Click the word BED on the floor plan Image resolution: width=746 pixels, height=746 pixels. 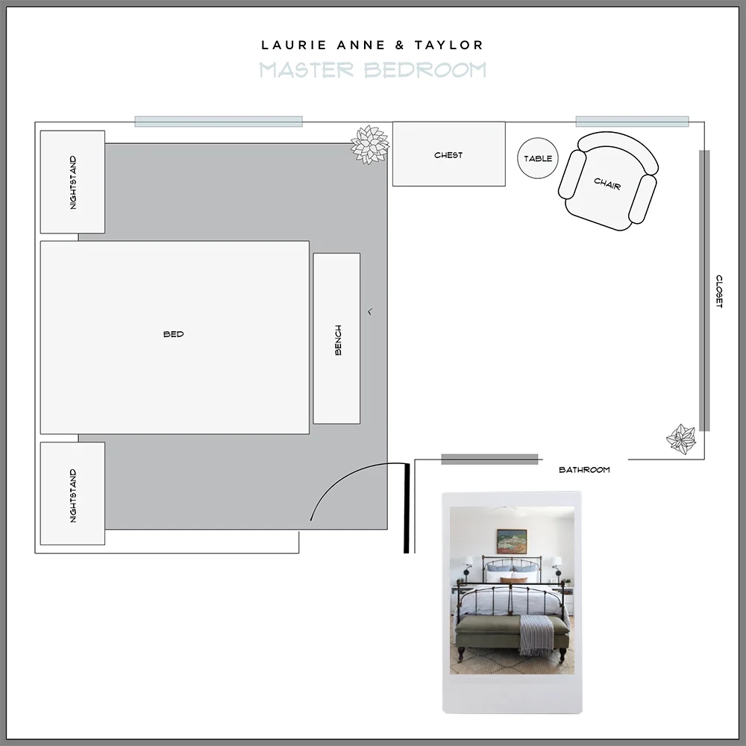(173, 334)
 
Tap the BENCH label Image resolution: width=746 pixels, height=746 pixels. (338, 339)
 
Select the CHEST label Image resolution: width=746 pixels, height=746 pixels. (448, 155)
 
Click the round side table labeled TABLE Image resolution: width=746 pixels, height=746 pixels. (538, 158)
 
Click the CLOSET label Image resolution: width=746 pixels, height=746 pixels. (719, 291)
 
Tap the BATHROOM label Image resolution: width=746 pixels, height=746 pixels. (584, 470)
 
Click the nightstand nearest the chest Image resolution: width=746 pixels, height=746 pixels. (72, 182)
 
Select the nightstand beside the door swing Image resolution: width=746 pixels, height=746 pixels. (72, 494)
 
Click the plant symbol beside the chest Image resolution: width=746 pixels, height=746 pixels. (370, 144)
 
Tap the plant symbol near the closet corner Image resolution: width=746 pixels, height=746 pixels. (681, 439)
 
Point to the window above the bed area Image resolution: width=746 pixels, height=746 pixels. (218, 122)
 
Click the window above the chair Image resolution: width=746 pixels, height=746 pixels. (632, 122)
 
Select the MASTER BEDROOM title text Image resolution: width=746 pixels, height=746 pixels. (373, 70)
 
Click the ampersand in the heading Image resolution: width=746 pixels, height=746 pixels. (400, 46)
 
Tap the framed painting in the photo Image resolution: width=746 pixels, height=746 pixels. (512, 541)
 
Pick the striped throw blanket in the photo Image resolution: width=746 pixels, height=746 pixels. (535, 634)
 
